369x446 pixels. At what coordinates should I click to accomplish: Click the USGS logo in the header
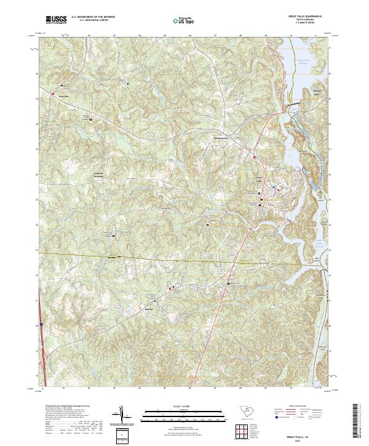(x=56, y=20)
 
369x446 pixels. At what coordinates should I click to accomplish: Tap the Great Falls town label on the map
(x=260, y=177)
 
